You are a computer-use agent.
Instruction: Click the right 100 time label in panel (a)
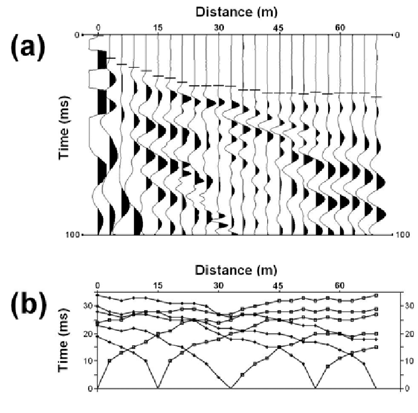(x=404, y=235)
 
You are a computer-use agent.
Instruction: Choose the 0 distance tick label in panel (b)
(x=98, y=286)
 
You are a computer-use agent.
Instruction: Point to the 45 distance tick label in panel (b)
(x=279, y=286)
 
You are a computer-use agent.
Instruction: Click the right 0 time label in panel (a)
(x=398, y=35)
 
